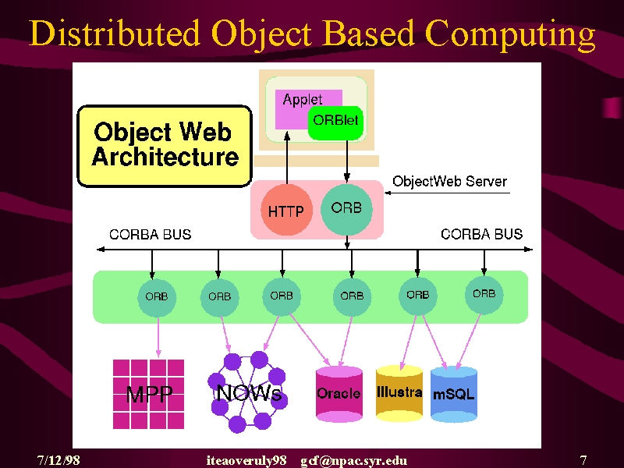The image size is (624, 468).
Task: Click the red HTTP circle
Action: tap(286, 210)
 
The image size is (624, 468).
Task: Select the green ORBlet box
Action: tap(335, 122)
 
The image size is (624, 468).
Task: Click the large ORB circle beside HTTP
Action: tap(346, 209)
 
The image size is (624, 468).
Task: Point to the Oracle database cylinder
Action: tap(339, 394)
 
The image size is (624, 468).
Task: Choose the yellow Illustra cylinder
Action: tap(399, 393)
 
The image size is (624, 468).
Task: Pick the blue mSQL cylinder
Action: tap(454, 395)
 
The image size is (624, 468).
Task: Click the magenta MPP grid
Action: tap(148, 394)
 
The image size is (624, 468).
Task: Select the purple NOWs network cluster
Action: tap(247, 392)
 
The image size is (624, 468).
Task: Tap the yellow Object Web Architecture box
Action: tap(165, 146)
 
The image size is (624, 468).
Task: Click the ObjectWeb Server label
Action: tap(450, 182)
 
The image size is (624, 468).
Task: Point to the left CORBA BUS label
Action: tap(151, 235)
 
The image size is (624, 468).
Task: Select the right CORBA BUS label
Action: tap(481, 234)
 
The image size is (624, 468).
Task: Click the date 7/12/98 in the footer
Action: tap(58, 460)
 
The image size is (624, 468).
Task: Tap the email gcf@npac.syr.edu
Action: tap(354, 461)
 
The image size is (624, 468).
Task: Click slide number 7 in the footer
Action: tap(583, 460)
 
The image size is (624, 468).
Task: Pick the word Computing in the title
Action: tap(510, 34)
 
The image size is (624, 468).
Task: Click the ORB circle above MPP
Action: tap(157, 297)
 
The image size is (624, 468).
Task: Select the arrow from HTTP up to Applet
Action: tap(287, 158)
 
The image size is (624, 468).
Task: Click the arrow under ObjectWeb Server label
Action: tap(447, 193)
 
